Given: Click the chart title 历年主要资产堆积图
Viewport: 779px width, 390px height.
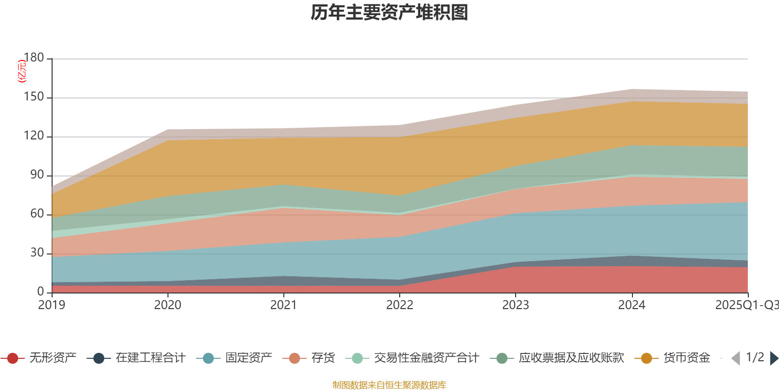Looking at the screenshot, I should point(389,13).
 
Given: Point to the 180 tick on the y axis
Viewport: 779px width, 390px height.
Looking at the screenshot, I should point(34,58).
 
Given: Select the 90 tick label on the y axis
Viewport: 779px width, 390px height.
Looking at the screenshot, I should point(37,175).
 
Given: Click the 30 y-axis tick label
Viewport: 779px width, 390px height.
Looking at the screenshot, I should point(37,253).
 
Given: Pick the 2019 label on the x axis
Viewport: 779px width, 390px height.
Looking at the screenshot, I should point(52,305).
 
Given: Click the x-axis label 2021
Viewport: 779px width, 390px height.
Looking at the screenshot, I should point(283,305).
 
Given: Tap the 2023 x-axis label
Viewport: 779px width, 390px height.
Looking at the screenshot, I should point(516,305).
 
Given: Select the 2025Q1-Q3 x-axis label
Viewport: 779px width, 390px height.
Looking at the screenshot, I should point(746,305).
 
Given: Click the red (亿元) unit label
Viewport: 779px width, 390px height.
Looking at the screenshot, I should point(21,71).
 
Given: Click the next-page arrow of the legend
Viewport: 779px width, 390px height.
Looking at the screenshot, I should point(774,358).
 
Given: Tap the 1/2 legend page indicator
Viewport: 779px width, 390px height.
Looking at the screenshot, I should point(755,357).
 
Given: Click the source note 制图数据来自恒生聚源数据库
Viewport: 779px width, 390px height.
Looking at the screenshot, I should point(389,385).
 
